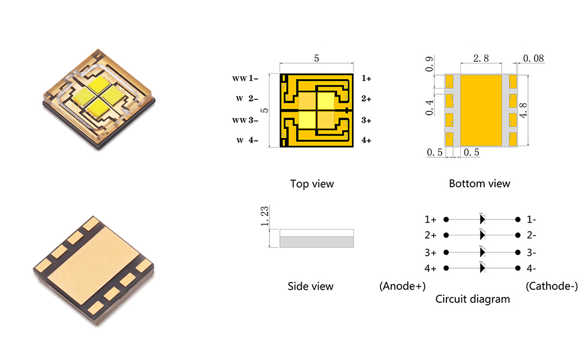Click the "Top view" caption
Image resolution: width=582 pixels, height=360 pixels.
[311, 184]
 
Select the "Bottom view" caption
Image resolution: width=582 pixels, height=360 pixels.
[479, 184]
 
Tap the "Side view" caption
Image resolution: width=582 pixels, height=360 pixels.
[310, 286]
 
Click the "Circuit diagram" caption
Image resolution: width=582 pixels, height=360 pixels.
[473, 298]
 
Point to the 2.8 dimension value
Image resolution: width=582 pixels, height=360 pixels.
[481, 59]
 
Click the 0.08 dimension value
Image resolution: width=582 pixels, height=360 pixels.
[533, 59]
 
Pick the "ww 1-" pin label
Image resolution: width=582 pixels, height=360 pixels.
[245, 79]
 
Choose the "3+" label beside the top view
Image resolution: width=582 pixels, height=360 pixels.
[366, 120]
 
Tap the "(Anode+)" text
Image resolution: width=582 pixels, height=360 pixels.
[402, 286]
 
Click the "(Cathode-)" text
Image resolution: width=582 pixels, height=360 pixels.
[551, 286]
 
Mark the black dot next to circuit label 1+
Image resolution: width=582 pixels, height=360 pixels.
[446, 220]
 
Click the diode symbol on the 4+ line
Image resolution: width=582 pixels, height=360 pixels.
[482, 268]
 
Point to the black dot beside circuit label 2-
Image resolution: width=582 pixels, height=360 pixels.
[518, 235]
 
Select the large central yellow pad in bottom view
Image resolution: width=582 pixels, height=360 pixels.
[481, 110]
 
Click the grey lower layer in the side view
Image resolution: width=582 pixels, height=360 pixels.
[317, 242]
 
